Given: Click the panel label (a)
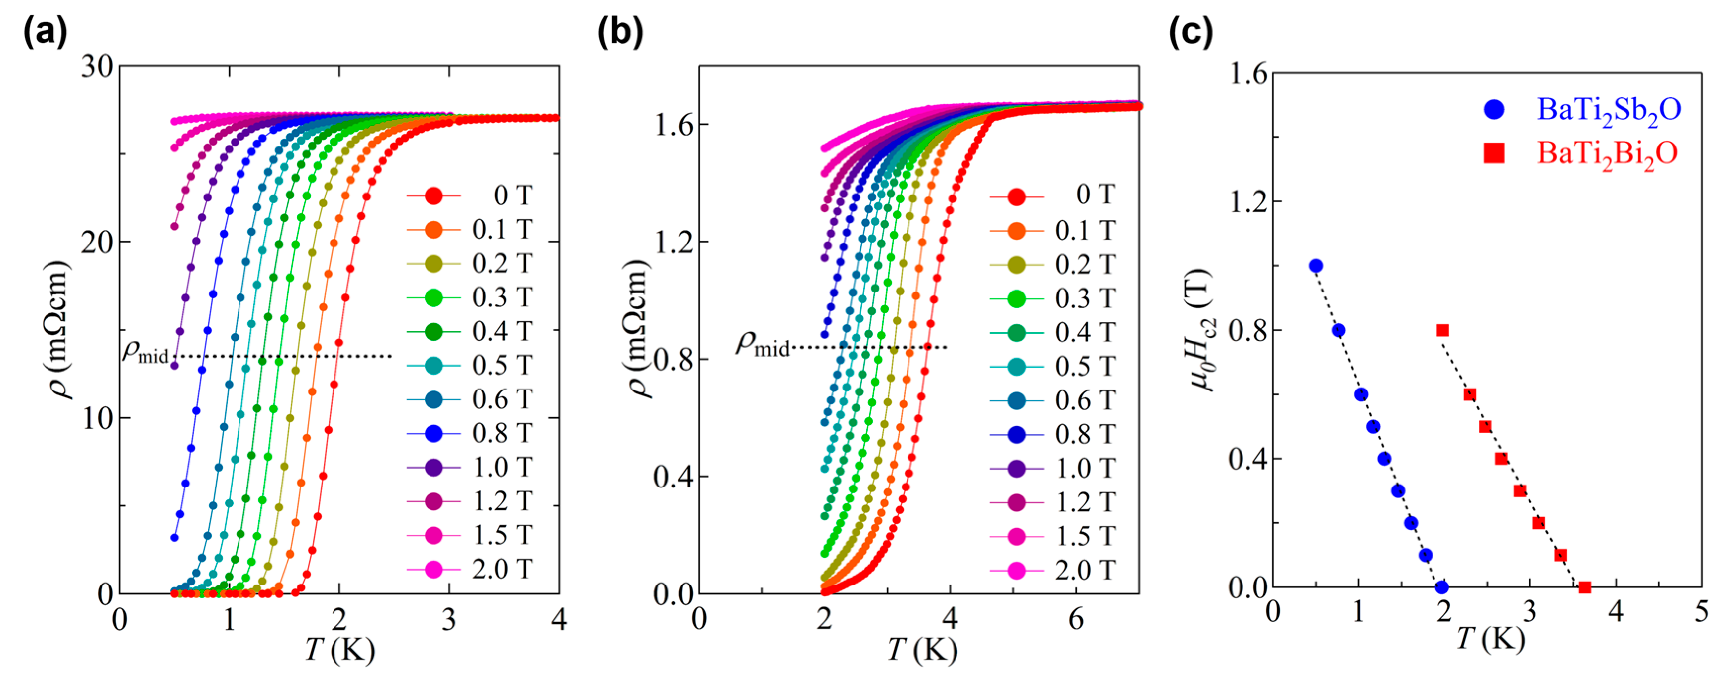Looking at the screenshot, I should coord(46,32).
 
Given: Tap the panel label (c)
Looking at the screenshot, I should coord(1191,32).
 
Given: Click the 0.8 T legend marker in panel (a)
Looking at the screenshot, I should coord(434,434).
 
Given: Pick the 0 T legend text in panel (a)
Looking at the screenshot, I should coord(512,195).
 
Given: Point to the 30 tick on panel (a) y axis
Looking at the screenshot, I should coord(97,67).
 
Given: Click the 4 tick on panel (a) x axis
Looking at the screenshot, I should coord(559,620).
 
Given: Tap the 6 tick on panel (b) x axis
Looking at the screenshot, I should coord(1076,620).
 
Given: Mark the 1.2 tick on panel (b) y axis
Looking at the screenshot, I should coord(671,242).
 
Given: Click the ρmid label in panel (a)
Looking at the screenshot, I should coord(145,351).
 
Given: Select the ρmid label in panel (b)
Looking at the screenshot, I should coord(761,344).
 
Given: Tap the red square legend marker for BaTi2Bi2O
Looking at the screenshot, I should coord(1494,153).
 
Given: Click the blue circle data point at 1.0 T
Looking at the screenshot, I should coord(1315,266).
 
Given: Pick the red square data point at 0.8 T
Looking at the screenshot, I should coord(1442,330).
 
